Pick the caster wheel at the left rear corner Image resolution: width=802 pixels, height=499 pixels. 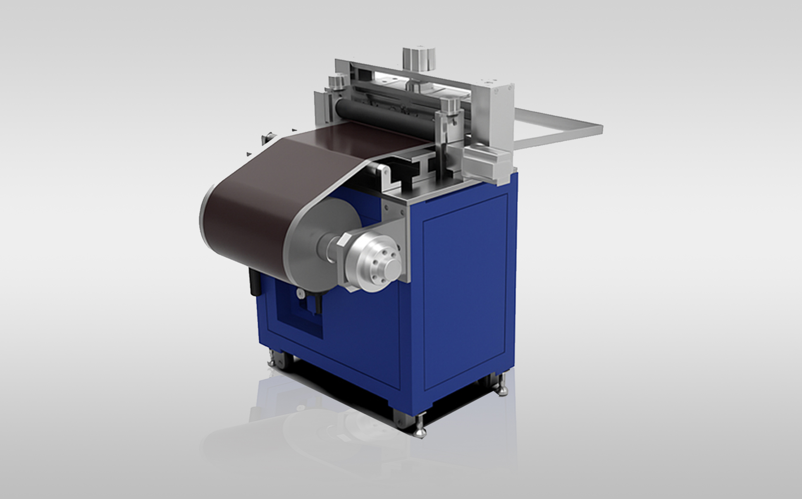tap(274, 358)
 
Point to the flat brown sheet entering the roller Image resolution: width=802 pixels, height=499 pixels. tap(356, 141)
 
